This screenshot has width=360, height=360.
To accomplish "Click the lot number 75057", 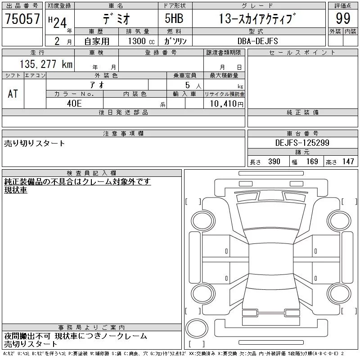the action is tap(22, 19).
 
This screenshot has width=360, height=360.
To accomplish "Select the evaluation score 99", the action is tap(343, 18).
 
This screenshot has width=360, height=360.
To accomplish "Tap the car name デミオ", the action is tap(117, 19).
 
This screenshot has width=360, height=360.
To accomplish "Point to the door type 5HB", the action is tap(174, 18).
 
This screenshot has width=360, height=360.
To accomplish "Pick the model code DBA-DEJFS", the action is tap(257, 41).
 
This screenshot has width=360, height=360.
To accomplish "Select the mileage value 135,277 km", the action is tap(46, 64).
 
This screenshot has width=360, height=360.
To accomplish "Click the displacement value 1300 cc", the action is tap(141, 41).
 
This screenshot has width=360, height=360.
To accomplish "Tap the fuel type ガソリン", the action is tap(175, 41).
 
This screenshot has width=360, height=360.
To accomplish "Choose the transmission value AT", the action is tap(13, 94).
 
